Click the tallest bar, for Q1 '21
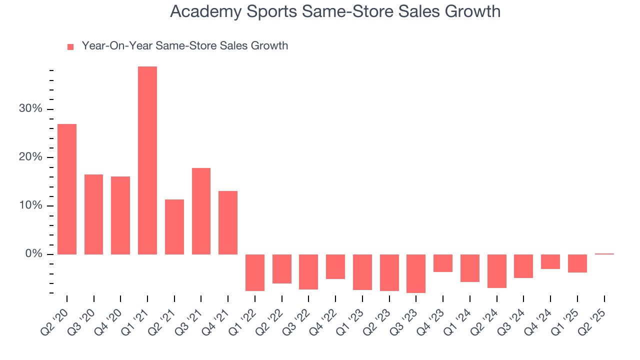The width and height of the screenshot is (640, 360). [x=147, y=160]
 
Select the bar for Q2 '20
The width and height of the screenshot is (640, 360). [x=67, y=189]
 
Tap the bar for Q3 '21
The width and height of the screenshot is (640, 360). [x=201, y=211]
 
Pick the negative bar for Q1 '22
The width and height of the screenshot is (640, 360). [x=254, y=272]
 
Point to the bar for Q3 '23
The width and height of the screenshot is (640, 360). [x=415, y=273]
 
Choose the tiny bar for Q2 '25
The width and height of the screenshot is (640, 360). [x=604, y=254]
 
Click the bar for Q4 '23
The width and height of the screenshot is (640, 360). [x=442, y=263]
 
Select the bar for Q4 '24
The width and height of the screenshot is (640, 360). [x=550, y=261]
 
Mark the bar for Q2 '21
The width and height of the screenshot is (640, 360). [x=174, y=227]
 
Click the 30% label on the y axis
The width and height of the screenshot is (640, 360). [x=30, y=109]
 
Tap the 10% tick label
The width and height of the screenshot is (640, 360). [x=31, y=206]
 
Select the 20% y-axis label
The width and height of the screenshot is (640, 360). [x=30, y=157]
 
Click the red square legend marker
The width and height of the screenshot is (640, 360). [x=70, y=47]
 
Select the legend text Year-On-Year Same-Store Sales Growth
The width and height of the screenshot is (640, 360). [x=184, y=46]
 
